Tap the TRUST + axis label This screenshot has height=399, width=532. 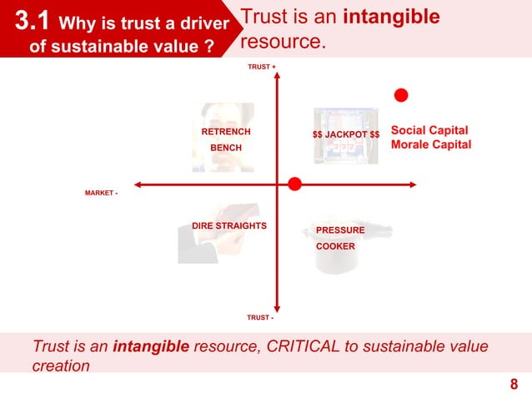coord(262,65)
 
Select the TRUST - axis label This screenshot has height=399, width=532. coord(260,317)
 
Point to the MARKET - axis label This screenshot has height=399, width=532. coord(101,193)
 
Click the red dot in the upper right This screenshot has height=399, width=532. coord(401,94)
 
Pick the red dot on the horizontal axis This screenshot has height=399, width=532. coord(294,184)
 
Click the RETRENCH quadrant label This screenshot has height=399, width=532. coord(226,132)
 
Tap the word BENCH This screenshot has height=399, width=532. coord(225,148)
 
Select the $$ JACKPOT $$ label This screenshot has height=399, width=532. coord(346,134)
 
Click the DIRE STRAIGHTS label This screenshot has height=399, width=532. coord(229,226)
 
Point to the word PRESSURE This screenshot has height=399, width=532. coord(340,230)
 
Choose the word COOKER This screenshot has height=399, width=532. coord(335,246)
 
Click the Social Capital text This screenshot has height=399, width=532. coord(429,130)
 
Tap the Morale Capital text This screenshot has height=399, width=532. coord(431,145)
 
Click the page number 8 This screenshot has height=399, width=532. coord(514,385)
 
